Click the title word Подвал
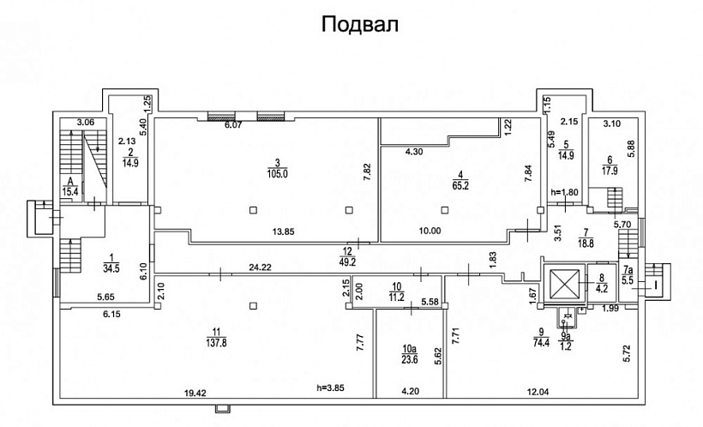pyautogui.click(x=360, y=23)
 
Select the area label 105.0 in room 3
pyautogui.click(x=278, y=173)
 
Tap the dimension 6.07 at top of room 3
pyautogui.click(x=234, y=125)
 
